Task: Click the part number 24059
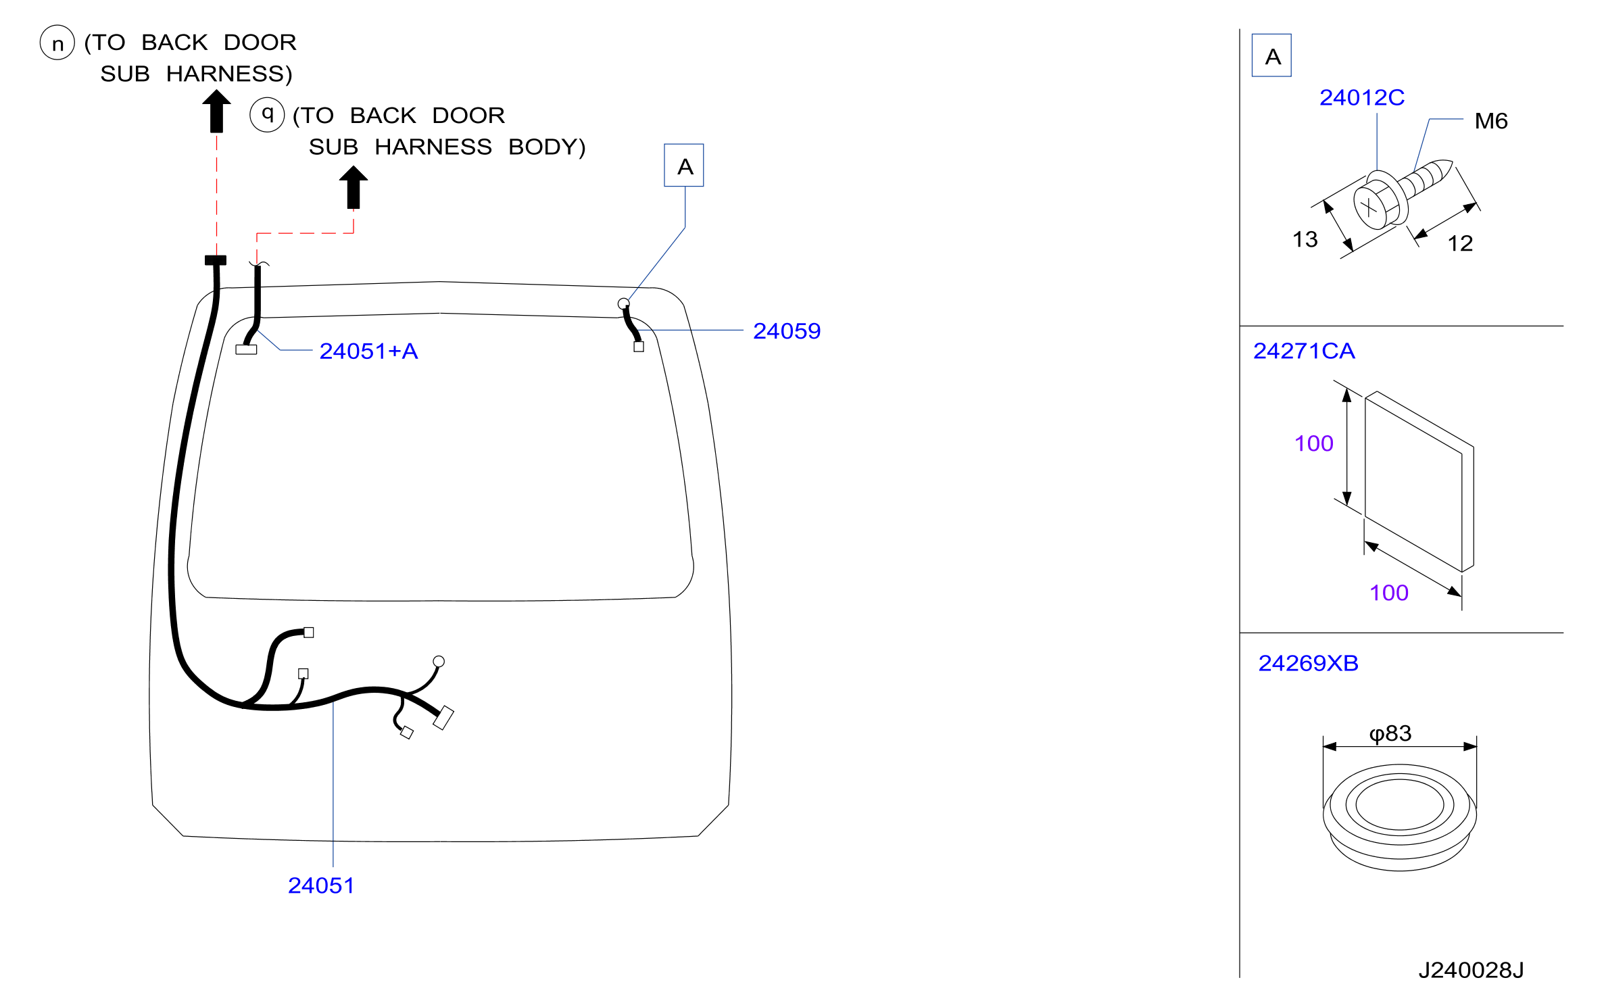[787, 331]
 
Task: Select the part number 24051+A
[368, 351]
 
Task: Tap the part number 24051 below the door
[321, 885]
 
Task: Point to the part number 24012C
[1362, 98]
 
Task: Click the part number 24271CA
[1304, 351]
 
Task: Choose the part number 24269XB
[1308, 663]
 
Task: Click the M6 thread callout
[1491, 121]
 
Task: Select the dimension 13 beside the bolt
[1305, 239]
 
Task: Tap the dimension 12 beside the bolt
[1460, 243]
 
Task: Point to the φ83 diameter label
[1390, 733]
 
